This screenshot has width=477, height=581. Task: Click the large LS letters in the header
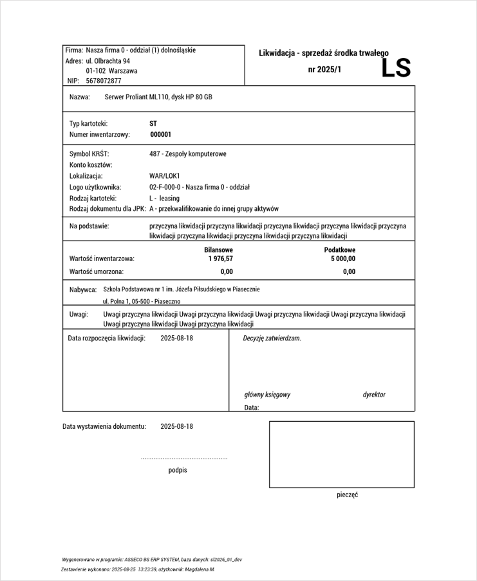(x=396, y=68)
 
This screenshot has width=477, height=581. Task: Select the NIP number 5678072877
(x=103, y=81)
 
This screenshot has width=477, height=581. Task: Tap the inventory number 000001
(x=160, y=135)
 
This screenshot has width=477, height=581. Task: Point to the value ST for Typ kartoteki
(x=153, y=123)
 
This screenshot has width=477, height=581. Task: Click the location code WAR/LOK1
(x=164, y=176)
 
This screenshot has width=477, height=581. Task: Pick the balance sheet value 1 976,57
(x=220, y=259)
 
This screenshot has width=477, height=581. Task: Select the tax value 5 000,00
(x=342, y=259)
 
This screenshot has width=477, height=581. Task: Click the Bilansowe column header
(x=218, y=250)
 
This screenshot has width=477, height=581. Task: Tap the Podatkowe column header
(x=340, y=250)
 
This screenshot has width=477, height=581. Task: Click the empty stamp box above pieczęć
(x=341, y=454)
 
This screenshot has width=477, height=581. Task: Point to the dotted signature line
(x=184, y=458)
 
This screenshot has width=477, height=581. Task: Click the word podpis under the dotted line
(x=178, y=470)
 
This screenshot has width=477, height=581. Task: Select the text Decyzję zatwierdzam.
(x=272, y=338)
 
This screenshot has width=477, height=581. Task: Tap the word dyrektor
(x=374, y=395)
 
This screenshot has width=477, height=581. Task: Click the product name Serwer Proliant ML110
(x=136, y=97)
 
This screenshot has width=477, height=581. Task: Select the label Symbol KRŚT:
(x=89, y=154)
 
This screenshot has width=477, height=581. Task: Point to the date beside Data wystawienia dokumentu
(x=176, y=426)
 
